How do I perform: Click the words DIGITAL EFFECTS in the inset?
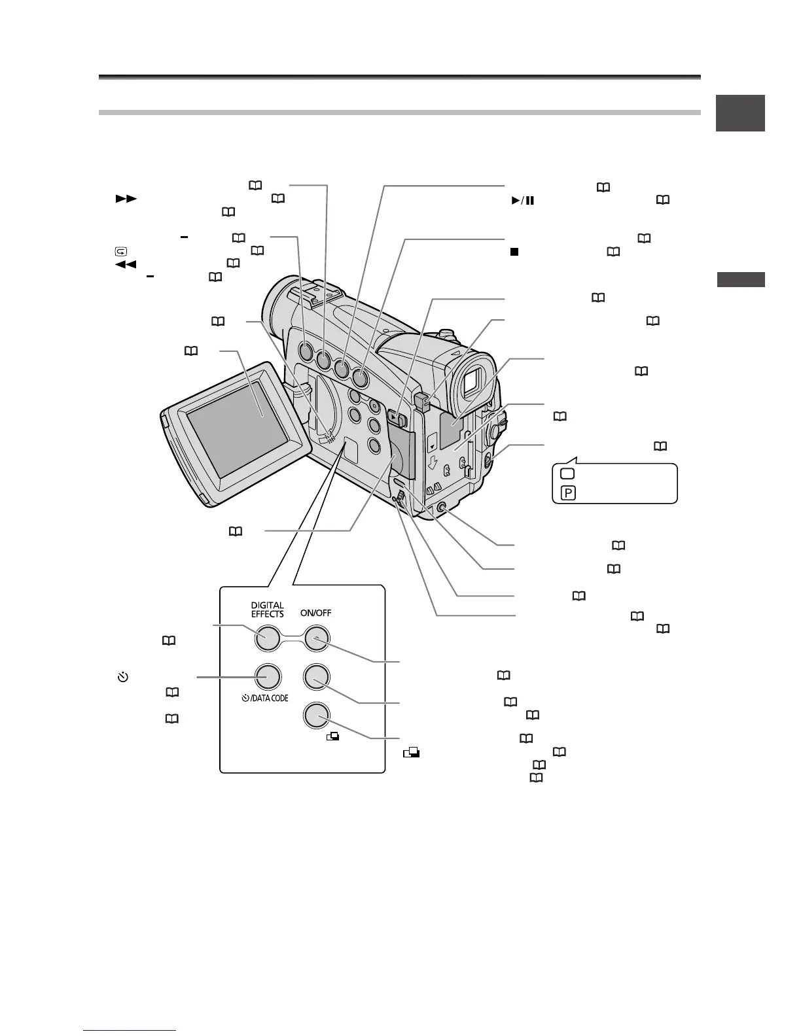tap(267, 610)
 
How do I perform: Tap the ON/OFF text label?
tap(315, 614)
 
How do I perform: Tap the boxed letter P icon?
tap(567, 493)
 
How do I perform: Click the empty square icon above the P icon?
tap(567, 474)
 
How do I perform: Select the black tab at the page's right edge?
tap(740, 114)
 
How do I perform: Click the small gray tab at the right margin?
tap(740, 279)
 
